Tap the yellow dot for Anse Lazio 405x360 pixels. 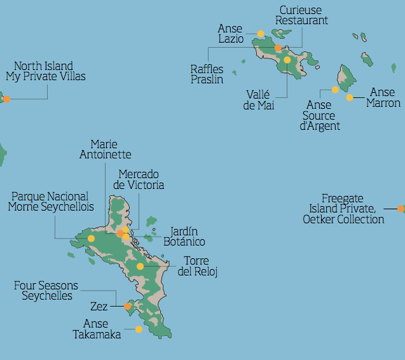(261, 34)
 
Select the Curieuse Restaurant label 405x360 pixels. (301, 15)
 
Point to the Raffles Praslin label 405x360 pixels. (207, 74)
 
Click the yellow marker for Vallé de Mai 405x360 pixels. (287, 60)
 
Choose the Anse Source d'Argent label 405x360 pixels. (320, 115)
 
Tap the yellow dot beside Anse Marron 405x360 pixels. (350, 97)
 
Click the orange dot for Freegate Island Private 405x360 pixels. (401, 209)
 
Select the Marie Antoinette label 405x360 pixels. (106, 149)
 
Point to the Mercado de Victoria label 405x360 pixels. (139, 179)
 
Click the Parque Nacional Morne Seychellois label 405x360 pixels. (51, 202)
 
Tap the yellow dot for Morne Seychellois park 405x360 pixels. (91, 239)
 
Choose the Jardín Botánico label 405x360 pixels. (184, 237)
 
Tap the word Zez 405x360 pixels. (99, 306)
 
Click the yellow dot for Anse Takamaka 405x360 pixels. (139, 329)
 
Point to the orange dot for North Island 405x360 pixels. (6, 99)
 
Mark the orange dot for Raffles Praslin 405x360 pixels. (278, 48)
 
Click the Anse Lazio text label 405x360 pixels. (230, 34)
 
